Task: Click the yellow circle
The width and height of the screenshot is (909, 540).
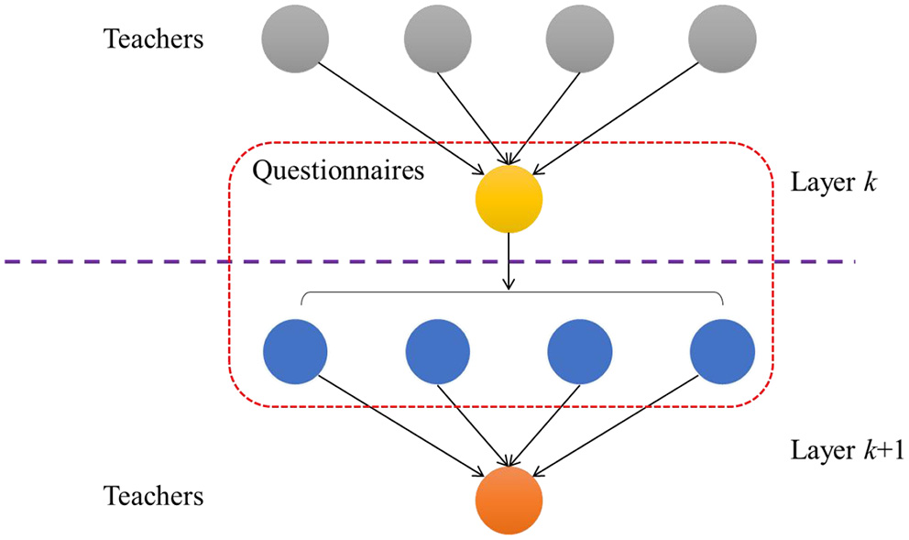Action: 509,199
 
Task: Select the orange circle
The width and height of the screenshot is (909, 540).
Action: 509,501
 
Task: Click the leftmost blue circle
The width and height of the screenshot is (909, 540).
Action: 295,351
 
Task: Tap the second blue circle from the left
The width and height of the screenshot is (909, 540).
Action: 438,351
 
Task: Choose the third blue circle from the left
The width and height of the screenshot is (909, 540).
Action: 580,351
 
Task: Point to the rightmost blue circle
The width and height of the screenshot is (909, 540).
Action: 723,351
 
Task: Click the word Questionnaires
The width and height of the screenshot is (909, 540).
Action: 338,171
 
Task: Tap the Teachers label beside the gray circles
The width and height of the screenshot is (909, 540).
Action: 153,39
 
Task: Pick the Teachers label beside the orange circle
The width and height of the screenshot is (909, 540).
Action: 153,496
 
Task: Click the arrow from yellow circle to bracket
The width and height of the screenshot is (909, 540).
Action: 509,260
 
